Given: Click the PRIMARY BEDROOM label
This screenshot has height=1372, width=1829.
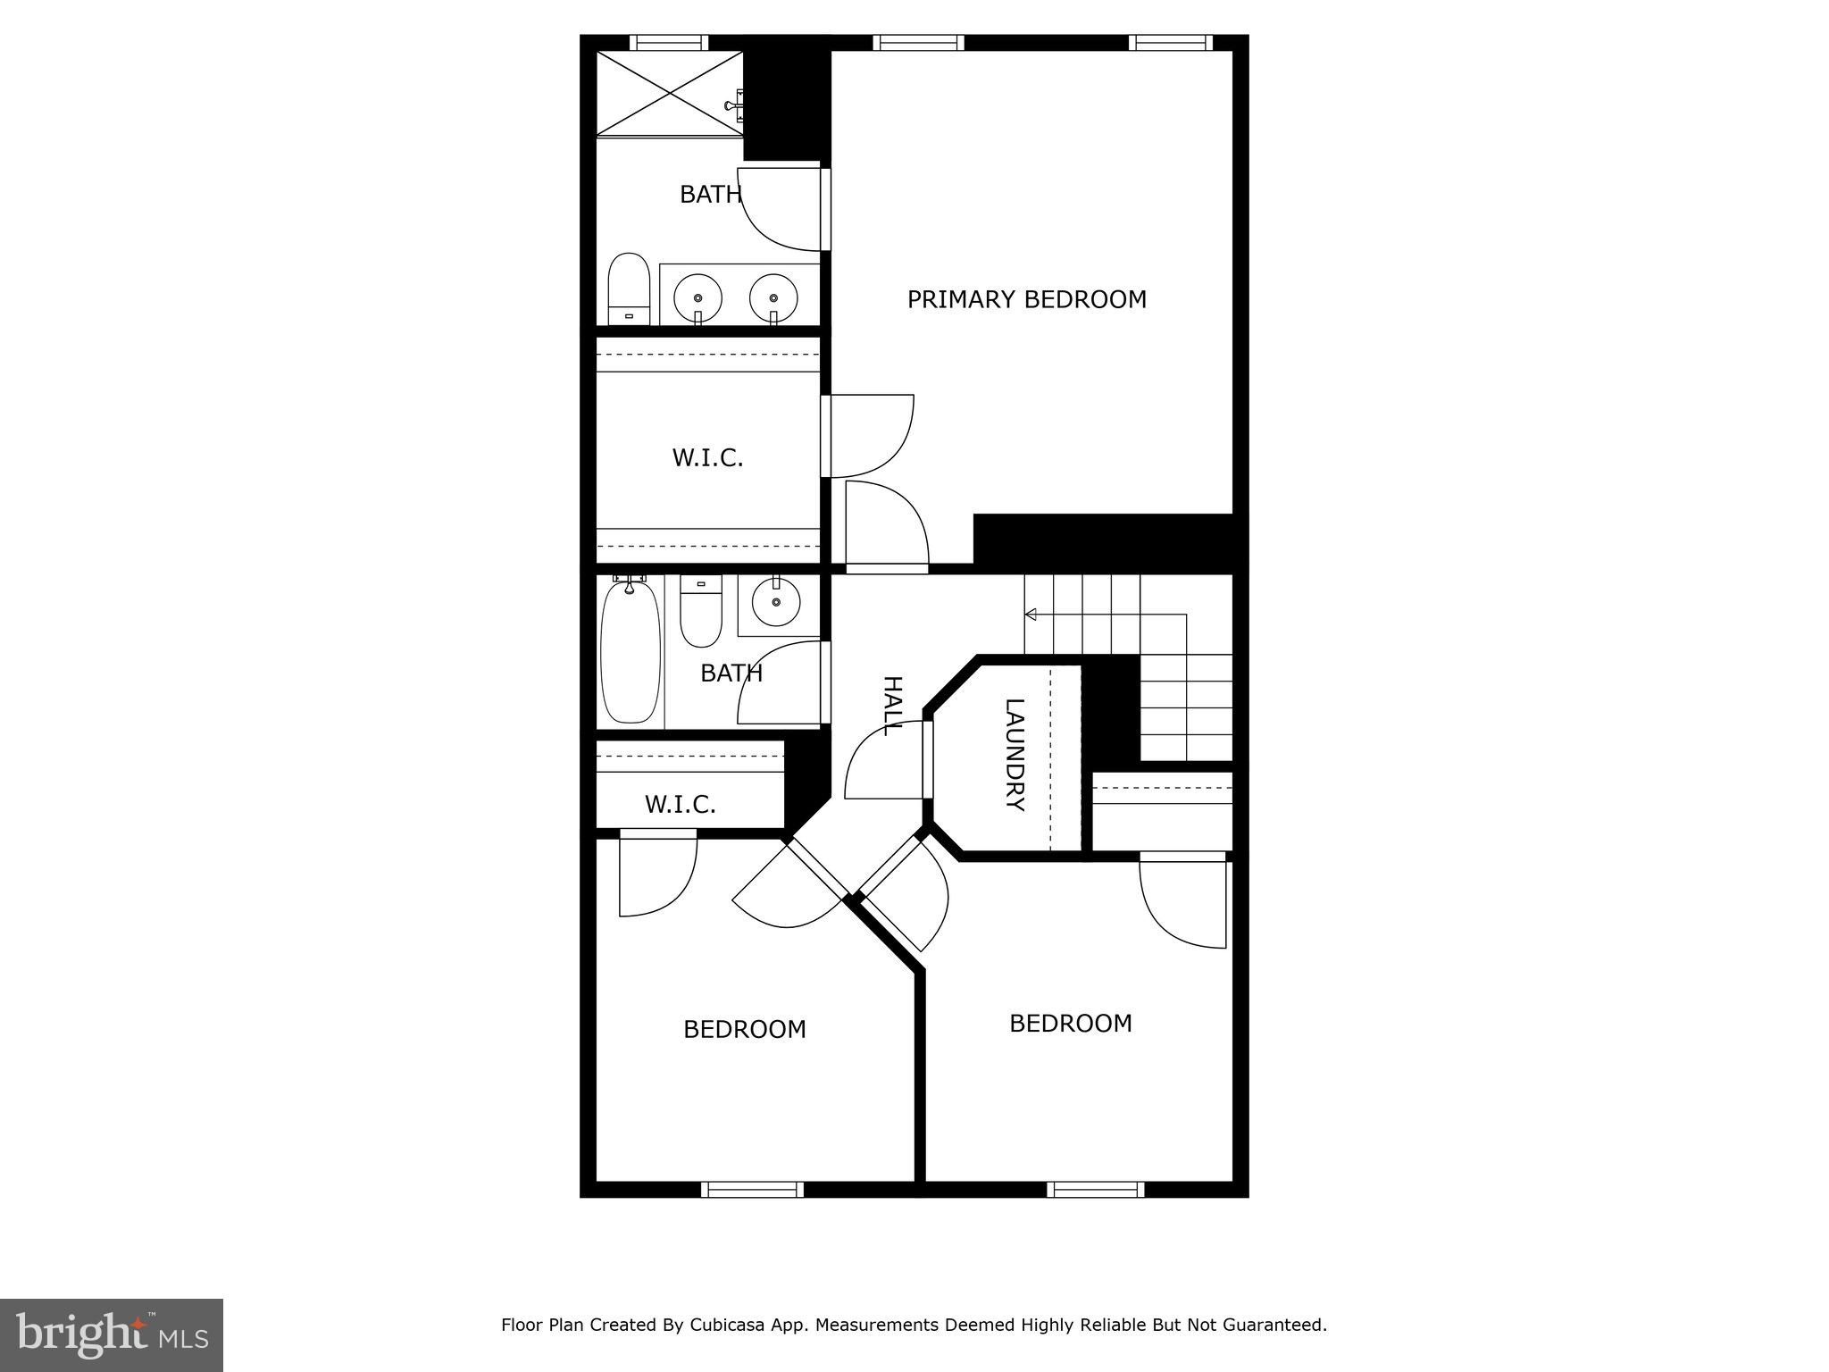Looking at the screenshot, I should pyautogui.click(x=1026, y=299).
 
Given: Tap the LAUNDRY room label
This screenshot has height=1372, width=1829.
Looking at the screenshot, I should pyautogui.click(x=1015, y=755).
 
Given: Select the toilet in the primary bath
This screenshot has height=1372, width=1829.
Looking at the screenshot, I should pyautogui.click(x=628, y=289).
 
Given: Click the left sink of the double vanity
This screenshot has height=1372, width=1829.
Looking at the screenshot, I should pyautogui.click(x=697, y=297).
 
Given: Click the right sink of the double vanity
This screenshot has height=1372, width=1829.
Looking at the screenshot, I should pyautogui.click(x=773, y=297).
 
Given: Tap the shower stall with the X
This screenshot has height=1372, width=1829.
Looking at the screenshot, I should pyautogui.click(x=670, y=93).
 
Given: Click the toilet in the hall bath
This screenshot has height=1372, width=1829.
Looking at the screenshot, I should pyautogui.click(x=701, y=610).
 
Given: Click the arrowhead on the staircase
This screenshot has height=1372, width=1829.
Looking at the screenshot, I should pyautogui.click(x=1030, y=615).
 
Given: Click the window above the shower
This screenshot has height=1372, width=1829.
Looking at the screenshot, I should pyautogui.click(x=668, y=42).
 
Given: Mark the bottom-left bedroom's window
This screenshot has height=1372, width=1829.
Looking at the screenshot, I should pyautogui.click(x=752, y=1189).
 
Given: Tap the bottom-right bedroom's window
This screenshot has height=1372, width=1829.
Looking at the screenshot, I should pyautogui.click(x=1095, y=1189).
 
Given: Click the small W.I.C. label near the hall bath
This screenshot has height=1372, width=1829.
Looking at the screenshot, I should pyautogui.click(x=681, y=805).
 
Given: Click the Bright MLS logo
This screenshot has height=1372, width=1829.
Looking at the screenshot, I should pyautogui.click(x=112, y=1334).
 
